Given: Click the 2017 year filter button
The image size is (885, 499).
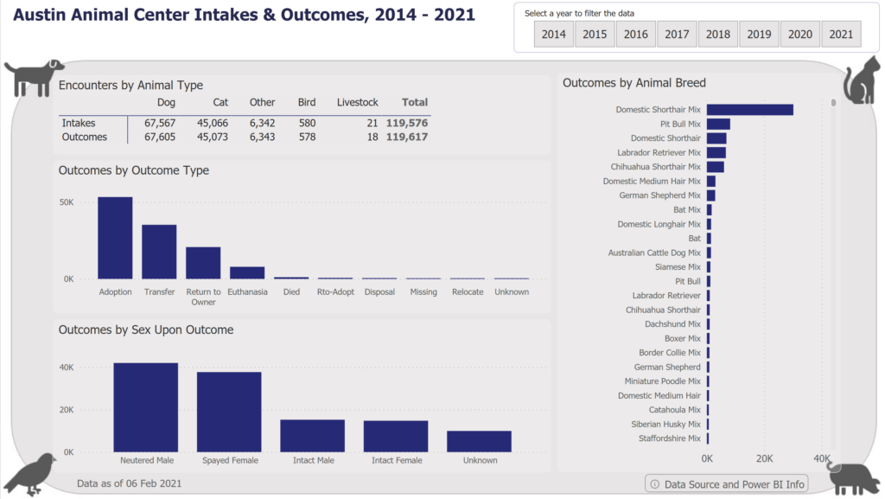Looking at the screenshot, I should click(x=677, y=34).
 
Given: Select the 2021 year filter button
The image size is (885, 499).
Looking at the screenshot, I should click(x=841, y=34).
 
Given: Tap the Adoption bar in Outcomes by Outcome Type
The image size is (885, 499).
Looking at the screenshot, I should click(x=115, y=238).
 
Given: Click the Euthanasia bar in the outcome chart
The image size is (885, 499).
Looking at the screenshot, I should click(x=247, y=272).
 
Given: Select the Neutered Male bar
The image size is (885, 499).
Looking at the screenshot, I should click(x=145, y=407).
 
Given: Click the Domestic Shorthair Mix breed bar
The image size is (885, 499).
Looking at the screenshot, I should click(x=749, y=110).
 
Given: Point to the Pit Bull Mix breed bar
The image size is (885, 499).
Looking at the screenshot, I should click(x=718, y=124).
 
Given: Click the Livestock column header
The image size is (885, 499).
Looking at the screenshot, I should click(x=357, y=102).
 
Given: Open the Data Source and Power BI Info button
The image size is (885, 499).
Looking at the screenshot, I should click(x=727, y=484).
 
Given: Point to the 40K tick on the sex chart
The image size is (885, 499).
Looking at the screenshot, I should click(x=66, y=368).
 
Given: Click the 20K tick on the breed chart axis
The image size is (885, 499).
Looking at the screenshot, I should click(x=764, y=458).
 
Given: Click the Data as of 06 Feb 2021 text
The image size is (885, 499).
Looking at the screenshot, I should click(x=129, y=483).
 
